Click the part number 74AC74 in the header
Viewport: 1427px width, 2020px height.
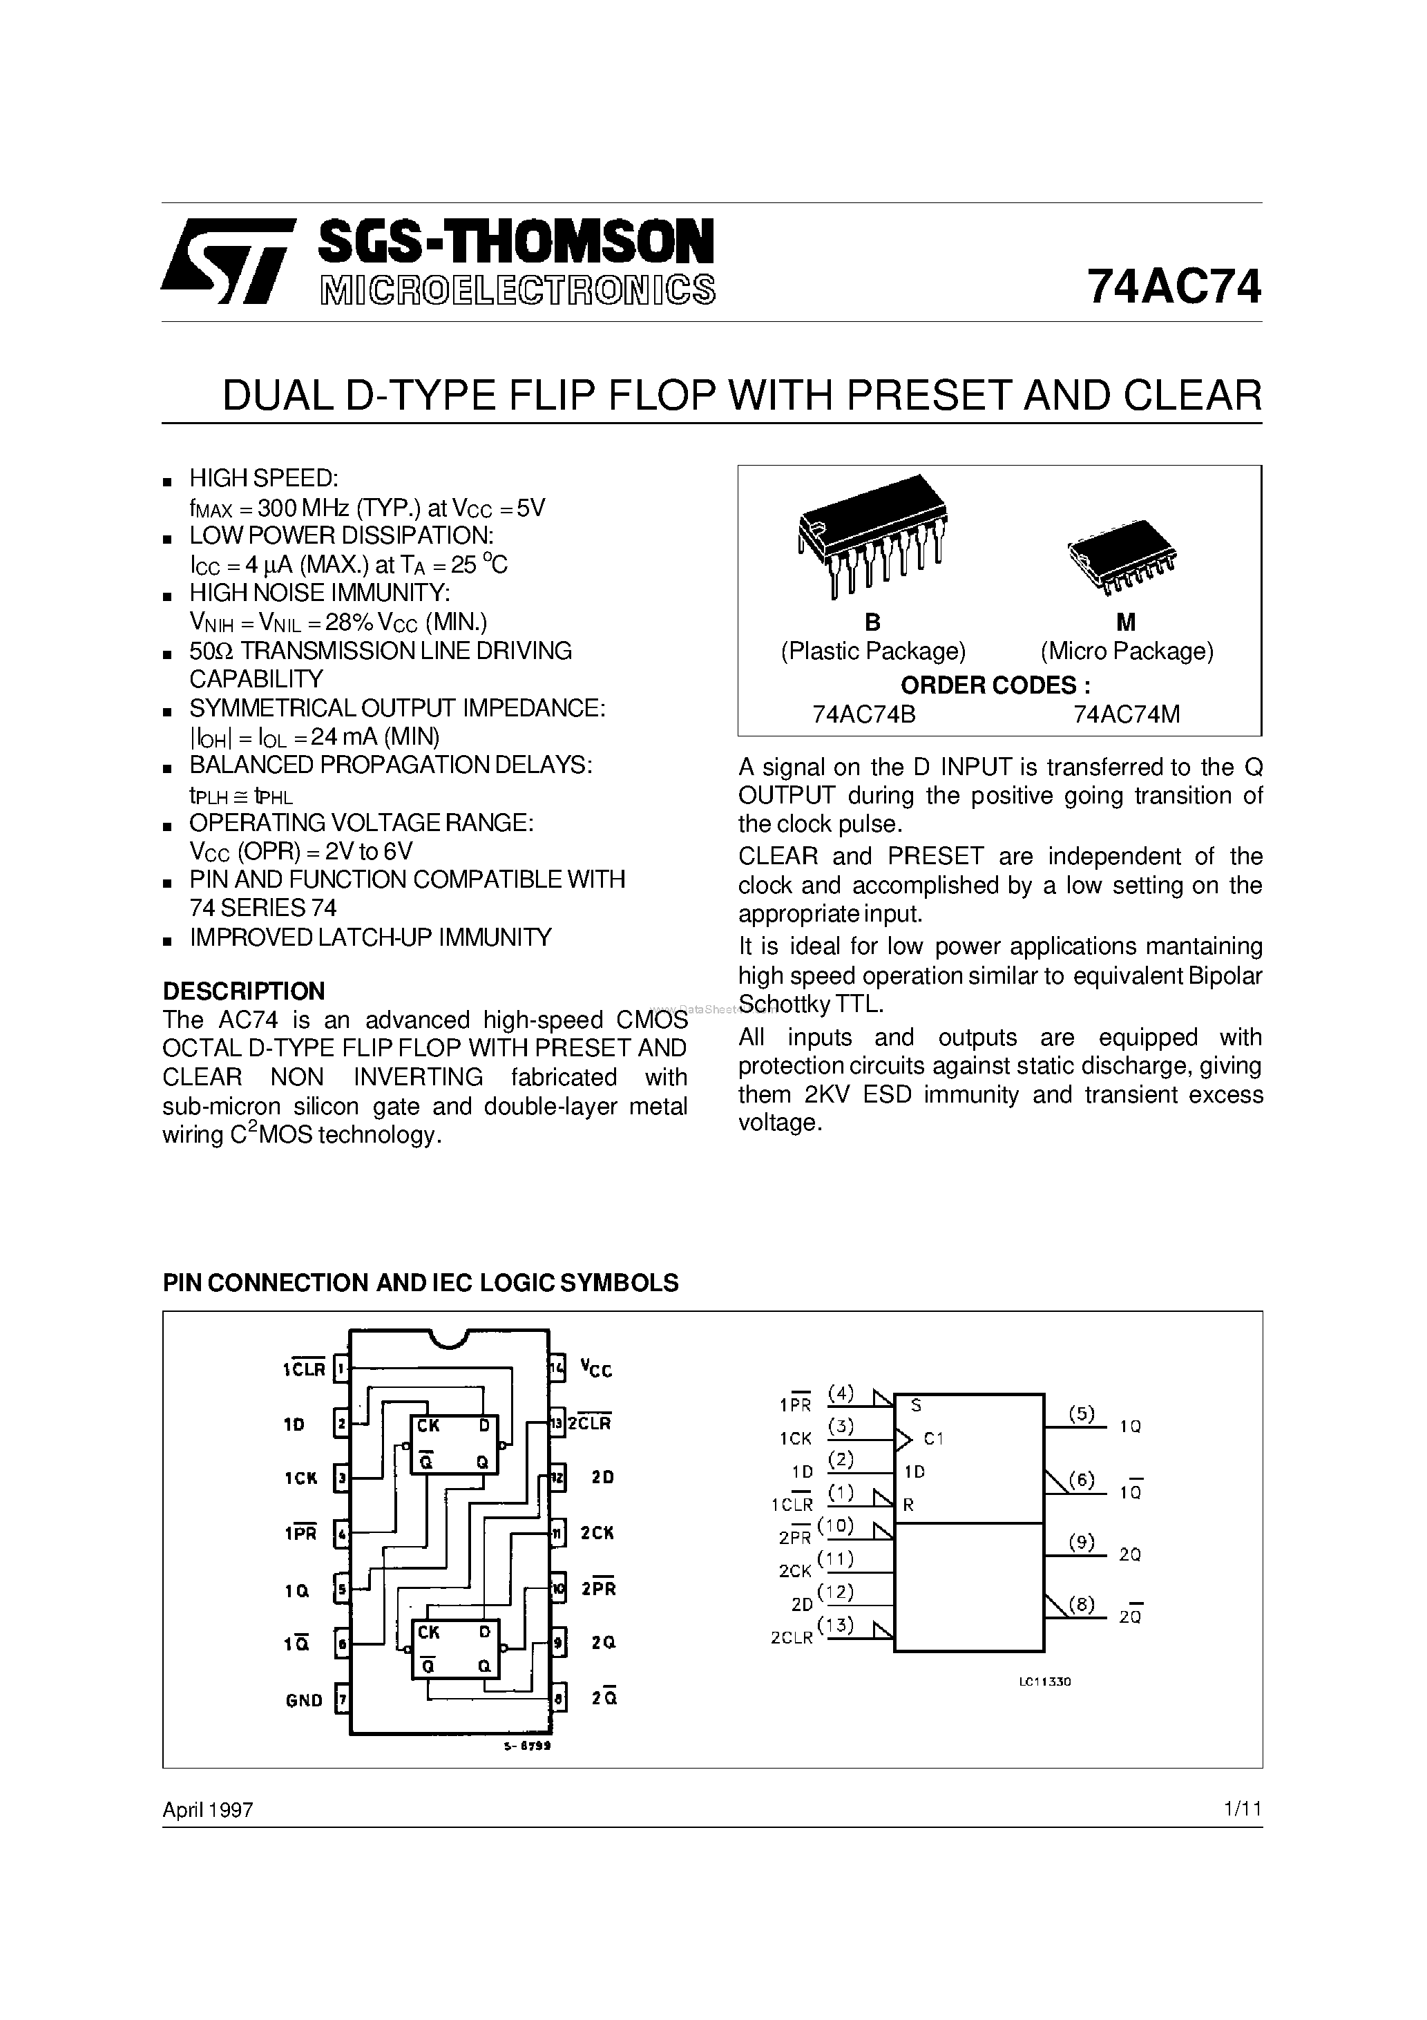[x=1174, y=287]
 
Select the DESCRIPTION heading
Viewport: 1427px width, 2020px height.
[x=244, y=991]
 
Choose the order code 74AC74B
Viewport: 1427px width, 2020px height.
[x=864, y=714]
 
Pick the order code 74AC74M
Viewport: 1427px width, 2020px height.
[x=1126, y=714]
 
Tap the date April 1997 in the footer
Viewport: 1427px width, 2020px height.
[x=208, y=1810]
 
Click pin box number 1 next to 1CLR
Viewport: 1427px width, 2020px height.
[x=341, y=1369]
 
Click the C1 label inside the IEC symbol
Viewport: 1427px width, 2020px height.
[x=933, y=1438]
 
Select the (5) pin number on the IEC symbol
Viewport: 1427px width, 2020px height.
[x=1081, y=1414]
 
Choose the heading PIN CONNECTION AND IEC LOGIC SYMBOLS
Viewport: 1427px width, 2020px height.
[x=421, y=1283]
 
